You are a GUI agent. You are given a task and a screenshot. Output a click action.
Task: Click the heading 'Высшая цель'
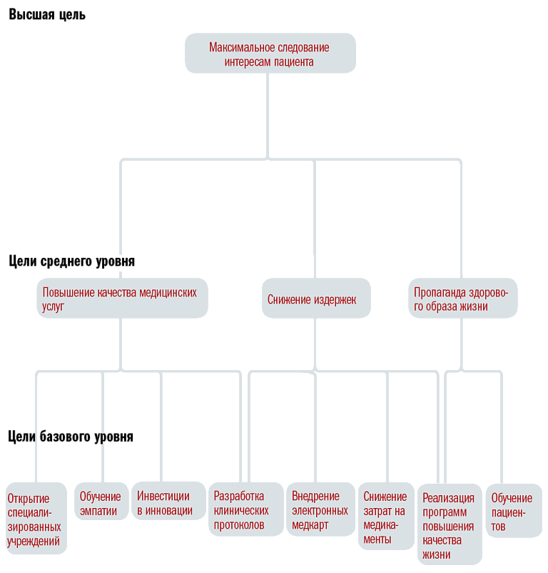(x=47, y=15)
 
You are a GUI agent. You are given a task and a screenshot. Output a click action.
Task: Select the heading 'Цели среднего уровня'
(x=72, y=261)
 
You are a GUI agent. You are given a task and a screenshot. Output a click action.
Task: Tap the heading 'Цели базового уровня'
(x=71, y=437)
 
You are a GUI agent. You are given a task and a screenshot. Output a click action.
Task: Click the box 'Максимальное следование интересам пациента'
(x=270, y=54)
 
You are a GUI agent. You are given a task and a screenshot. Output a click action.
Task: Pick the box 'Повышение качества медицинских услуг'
(x=123, y=298)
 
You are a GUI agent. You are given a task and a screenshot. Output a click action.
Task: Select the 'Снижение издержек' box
(x=316, y=298)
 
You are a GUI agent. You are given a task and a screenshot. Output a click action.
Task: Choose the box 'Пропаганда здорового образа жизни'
(x=463, y=298)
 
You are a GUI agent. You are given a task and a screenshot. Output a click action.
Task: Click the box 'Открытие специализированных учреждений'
(x=36, y=519)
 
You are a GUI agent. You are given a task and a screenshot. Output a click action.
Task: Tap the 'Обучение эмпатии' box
(x=101, y=501)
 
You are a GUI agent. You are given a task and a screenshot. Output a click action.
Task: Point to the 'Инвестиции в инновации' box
(x=168, y=501)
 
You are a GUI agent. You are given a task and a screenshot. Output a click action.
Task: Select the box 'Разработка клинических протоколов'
(x=246, y=509)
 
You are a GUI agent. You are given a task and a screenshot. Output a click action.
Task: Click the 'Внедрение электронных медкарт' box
(x=320, y=509)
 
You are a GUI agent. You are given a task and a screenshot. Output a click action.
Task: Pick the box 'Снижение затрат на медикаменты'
(x=386, y=517)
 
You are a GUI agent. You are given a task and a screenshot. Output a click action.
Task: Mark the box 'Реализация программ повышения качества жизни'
(x=450, y=524)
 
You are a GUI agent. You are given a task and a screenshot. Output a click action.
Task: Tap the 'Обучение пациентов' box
(x=514, y=511)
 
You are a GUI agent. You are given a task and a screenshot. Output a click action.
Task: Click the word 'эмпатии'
(x=98, y=512)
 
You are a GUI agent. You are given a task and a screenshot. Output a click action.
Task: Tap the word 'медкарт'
(x=310, y=526)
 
